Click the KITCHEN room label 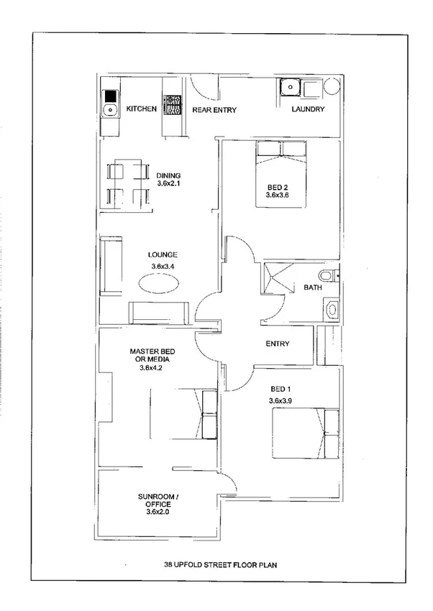click(142, 109)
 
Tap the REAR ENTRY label click(214, 110)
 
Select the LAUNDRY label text click(308, 110)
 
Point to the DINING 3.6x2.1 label click(168, 180)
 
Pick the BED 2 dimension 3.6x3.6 click(277, 195)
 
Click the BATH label click(313, 288)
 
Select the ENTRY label click(278, 344)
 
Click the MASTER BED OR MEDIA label click(152, 355)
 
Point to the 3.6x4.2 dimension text click(152, 368)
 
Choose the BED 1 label click(281, 388)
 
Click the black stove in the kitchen click(110, 96)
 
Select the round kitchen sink click(110, 110)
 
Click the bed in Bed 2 click(282, 175)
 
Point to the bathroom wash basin click(332, 310)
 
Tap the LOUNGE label click(163, 254)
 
